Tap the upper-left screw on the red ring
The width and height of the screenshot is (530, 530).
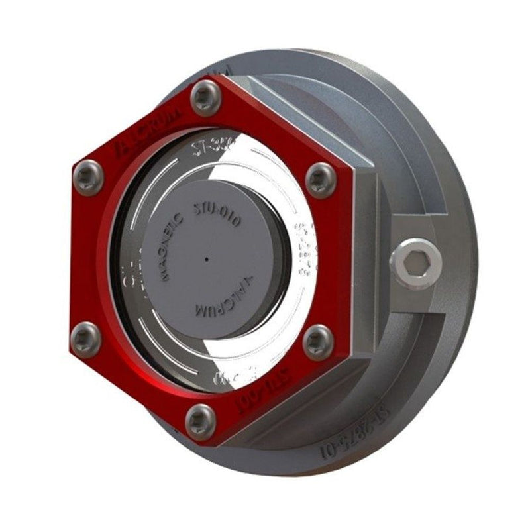pos(88,177)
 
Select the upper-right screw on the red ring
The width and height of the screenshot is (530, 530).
pos(320,177)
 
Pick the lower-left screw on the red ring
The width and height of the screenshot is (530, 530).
pos(86,337)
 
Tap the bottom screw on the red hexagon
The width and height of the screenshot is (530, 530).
pos(200,420)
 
